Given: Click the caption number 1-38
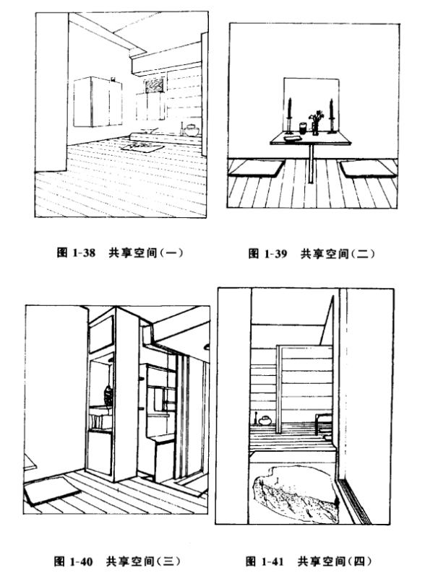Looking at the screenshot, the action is [83, 253].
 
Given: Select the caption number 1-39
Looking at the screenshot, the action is [275, 253].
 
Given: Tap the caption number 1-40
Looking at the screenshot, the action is [81, 562].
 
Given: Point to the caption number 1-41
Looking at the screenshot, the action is [272, 562].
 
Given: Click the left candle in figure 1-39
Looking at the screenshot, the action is [290, 115].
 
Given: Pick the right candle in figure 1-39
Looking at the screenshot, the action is [331, 115].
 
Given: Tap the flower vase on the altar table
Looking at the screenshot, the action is [315, 123].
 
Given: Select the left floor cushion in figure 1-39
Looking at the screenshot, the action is [257, 168].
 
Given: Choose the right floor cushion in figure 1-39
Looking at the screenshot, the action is [369, 169].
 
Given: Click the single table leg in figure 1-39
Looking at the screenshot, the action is [311, 163].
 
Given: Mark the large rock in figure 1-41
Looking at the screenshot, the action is [296, 494].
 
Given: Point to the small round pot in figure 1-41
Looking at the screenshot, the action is [265, 421].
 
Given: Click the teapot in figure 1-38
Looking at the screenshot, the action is [192, 130].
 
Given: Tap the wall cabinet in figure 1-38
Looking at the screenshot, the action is [98, 102].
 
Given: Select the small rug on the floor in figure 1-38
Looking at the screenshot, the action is [143, 146].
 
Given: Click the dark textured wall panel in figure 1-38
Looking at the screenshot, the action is [155, 87].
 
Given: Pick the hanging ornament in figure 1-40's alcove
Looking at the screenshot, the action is [108, 395].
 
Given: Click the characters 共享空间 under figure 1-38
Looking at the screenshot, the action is [133, 253].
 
